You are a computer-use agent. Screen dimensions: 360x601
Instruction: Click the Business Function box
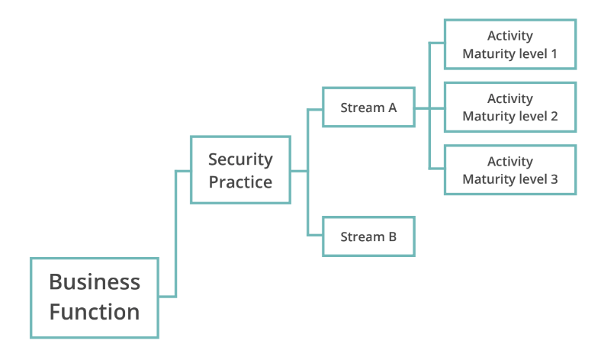(95, 297)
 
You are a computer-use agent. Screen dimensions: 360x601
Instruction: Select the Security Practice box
(240, 170)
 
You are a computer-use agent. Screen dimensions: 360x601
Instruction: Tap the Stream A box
(368, 108)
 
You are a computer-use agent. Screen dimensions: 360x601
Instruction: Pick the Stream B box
(368, 236)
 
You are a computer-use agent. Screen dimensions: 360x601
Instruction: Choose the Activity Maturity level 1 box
(509, 44)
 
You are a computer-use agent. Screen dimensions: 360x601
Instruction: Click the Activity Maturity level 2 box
(509, 108)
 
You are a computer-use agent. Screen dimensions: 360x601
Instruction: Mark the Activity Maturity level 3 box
(509, 170)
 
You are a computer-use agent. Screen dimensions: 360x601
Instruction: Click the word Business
(95, 281)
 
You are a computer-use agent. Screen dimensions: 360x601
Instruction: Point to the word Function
(95, 312)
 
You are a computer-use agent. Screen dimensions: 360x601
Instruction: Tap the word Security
(240, 159)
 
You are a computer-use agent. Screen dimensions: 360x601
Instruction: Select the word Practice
(240, 182)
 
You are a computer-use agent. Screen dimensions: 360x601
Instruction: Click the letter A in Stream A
(392, 108)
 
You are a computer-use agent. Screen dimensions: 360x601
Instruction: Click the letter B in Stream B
(392, 236)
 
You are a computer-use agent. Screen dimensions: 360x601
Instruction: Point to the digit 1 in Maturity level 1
(554, 54)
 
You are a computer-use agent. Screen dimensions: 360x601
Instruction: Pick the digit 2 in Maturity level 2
(554, 117)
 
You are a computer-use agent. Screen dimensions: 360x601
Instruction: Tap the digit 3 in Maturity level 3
(554, 180)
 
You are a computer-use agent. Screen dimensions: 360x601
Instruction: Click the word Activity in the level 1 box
(509, 36)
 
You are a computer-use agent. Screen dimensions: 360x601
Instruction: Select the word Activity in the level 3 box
(509, 162)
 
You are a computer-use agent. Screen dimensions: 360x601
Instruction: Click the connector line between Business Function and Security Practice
(175, 233)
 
